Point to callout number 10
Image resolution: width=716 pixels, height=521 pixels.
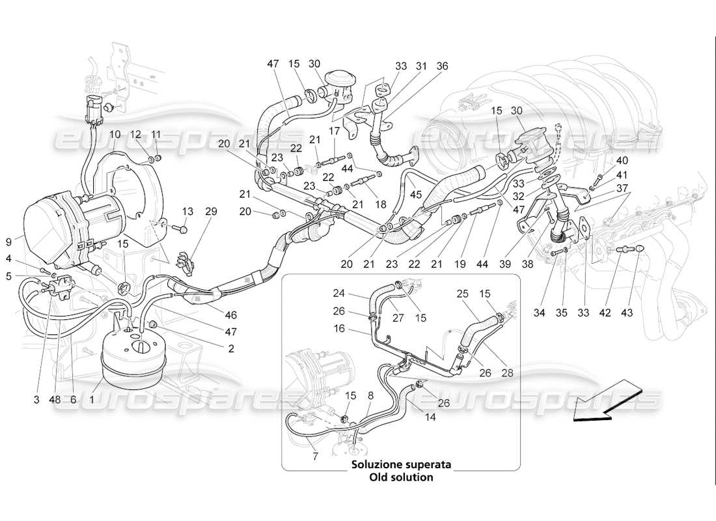(115, 134)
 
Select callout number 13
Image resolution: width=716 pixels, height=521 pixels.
(188, 211)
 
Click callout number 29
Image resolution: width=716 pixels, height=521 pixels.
(211, 211)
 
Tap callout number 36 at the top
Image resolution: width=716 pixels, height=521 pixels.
(443, 66)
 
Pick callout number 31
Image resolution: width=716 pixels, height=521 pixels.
(422, 66)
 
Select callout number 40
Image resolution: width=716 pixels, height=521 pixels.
(622, 160)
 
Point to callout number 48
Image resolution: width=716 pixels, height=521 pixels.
(55, 400)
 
